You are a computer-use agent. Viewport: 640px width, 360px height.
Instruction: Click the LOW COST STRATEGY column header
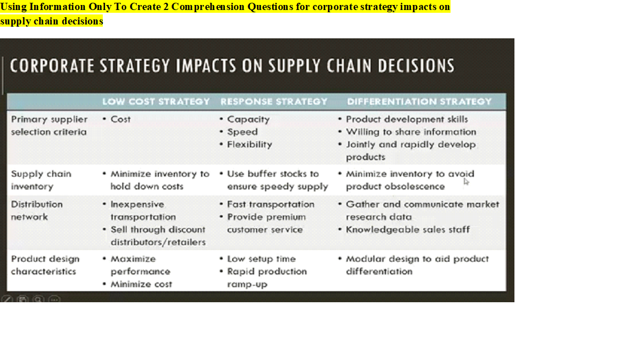[156, 102]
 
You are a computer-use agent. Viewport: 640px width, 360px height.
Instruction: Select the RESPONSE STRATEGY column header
[274, 102]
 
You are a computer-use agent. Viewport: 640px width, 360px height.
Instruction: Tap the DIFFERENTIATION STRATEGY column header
[419, 102]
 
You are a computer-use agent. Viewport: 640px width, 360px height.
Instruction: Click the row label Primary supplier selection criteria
[49, 126]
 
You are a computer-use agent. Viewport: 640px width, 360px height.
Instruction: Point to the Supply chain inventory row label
[41, 180]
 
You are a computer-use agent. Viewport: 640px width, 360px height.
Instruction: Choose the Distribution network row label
[37, 211]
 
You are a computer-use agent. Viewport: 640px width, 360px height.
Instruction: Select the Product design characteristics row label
[45, 265]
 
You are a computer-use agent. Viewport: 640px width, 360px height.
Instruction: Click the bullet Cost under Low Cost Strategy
[121, 119]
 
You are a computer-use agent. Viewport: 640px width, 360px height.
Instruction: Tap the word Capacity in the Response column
[248, 119]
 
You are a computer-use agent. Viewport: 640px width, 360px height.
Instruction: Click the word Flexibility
[249, 144]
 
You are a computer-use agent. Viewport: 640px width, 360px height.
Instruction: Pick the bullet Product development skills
[407, 119]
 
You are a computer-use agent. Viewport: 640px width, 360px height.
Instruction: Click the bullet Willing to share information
[411, 132]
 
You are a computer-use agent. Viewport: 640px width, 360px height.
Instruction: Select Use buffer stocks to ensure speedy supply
[277, 180]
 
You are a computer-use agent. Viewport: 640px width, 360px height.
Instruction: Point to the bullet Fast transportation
[271, 204]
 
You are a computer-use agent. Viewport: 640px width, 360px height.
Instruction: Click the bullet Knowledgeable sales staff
[407, 229]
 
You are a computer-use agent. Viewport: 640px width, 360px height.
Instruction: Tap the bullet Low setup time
[261, 259]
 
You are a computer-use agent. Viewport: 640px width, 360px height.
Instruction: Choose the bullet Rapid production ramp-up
[267, 277]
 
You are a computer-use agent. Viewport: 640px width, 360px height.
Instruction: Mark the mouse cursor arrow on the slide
[466, 181]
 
